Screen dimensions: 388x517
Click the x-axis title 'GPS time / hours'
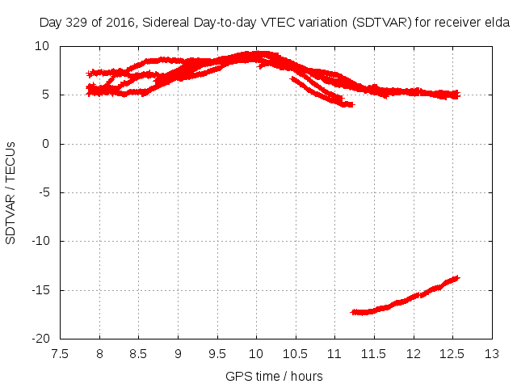coord(275,376)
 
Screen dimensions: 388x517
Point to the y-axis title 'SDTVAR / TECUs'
coord(11,192)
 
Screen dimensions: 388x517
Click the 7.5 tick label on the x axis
coord(60,354)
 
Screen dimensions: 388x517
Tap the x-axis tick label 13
coord(491,354)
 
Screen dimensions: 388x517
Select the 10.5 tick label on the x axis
coord(296,354)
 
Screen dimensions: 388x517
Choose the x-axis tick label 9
coord(178,354)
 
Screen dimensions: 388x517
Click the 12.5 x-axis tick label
coord(452,354)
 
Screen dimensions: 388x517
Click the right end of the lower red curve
coord(456,278)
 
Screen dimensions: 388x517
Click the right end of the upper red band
coord(456,95)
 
